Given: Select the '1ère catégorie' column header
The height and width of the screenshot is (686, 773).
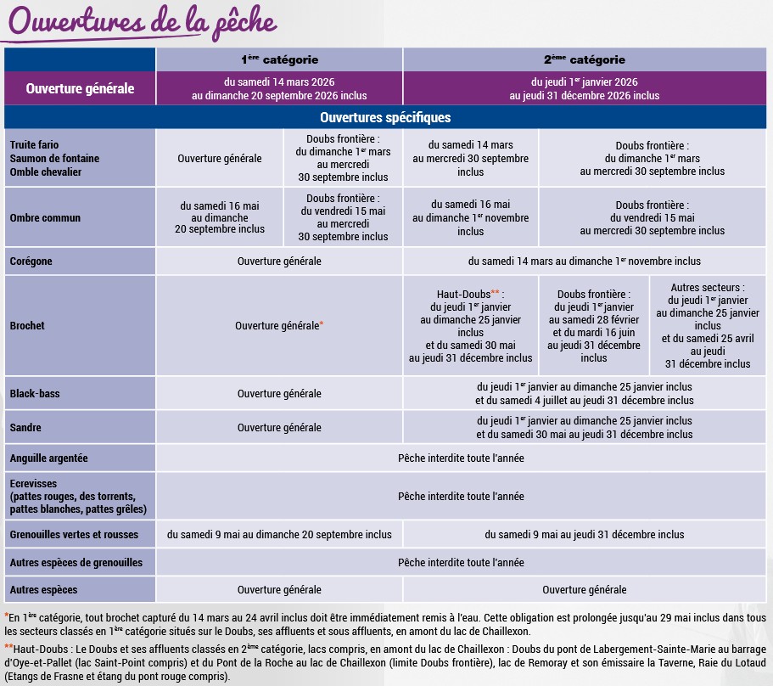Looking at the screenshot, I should [x=278, y=59].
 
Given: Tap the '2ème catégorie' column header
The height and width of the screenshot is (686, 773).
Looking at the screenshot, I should [x=584, y=59].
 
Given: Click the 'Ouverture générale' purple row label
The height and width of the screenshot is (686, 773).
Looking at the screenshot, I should [x=80, y=88].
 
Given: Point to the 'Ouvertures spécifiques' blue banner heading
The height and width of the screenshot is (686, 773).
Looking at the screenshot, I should [x=385, y=117].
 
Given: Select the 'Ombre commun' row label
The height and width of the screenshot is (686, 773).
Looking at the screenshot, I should [x=45, y=218].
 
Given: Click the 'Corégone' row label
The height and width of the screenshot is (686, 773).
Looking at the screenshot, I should [x=31, y=261].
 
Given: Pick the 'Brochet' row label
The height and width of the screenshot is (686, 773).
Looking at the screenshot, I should [x=27, y=326].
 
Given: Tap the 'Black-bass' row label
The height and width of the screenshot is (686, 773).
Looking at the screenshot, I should [x=35, y=394].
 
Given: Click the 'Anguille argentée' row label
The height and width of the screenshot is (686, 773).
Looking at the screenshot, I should [x=49, y=458].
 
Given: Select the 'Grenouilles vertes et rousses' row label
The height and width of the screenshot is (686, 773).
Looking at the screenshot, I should [x=73, y=535].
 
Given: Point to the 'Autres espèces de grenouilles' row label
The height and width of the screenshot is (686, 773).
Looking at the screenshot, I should [x=76, y=563].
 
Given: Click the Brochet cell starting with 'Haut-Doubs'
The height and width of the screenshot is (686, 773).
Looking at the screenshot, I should [x=471, y=326].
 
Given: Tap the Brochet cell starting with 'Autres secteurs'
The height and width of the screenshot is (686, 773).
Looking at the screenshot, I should [x=708, y=326].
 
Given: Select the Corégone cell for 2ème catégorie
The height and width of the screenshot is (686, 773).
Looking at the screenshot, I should [x=585, y=261].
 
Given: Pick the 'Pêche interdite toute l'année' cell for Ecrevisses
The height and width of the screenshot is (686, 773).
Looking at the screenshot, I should [x=461, y=497].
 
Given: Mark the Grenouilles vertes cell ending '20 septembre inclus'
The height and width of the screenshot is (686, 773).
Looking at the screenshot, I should [x=279, y=535].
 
